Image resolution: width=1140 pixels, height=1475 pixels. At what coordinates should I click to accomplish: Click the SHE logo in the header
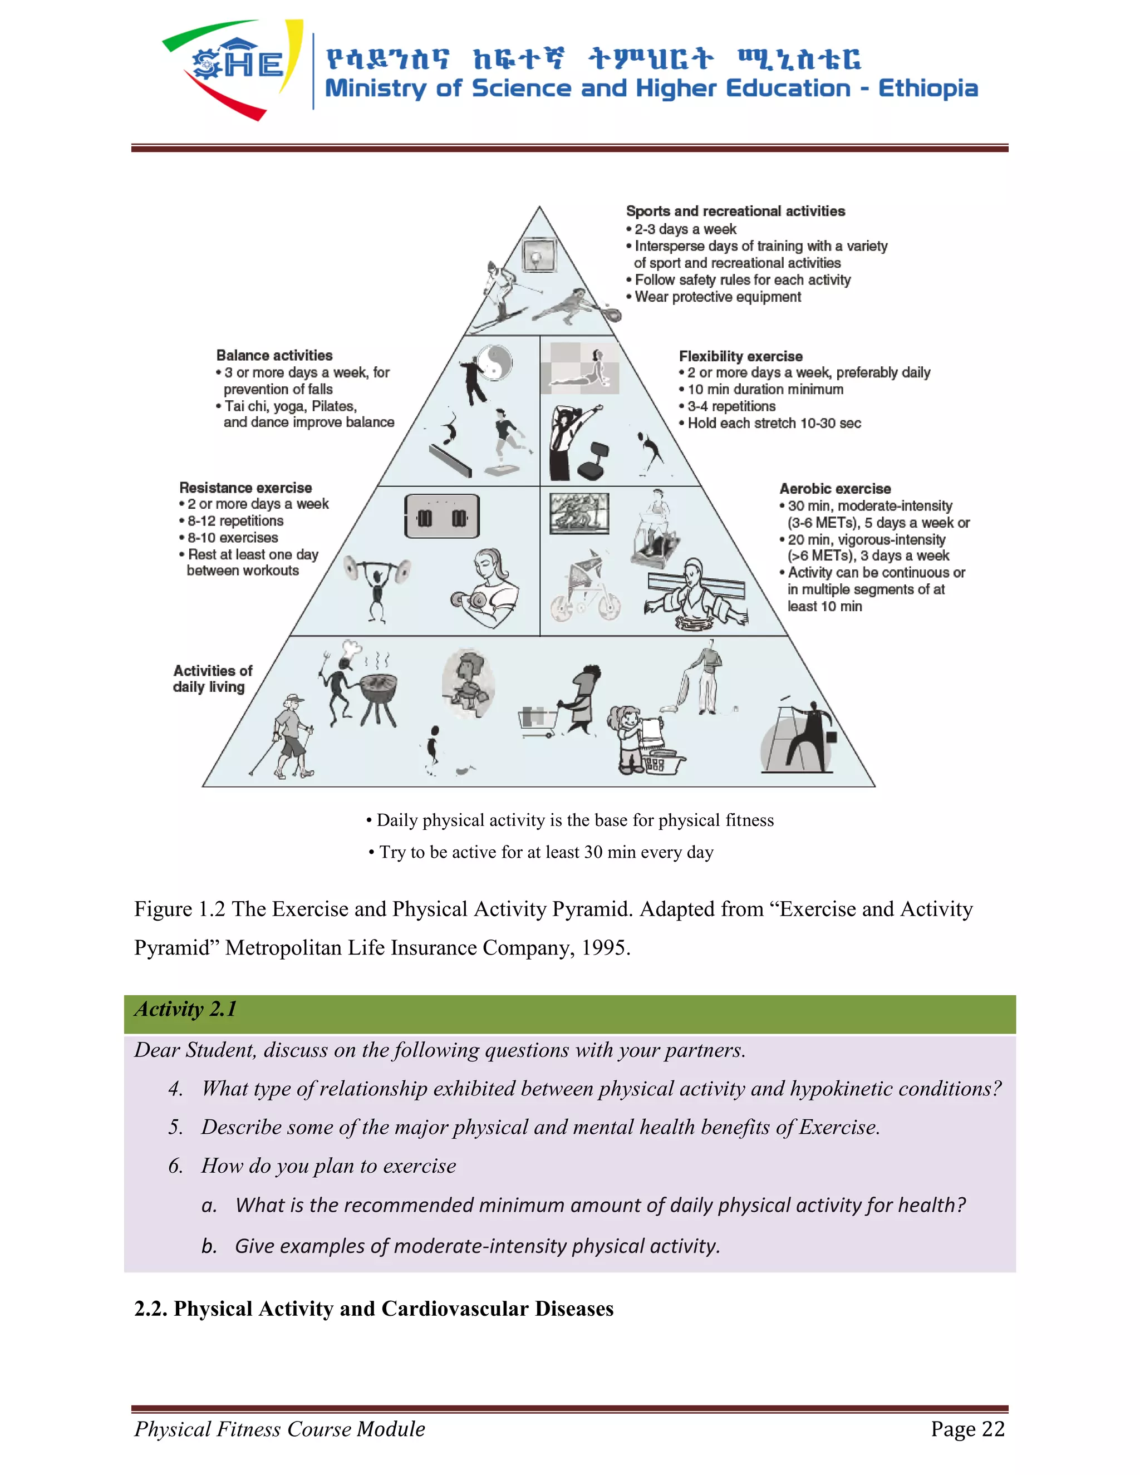point(233,67)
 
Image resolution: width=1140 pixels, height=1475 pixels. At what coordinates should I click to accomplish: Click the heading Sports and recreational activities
point(735,212)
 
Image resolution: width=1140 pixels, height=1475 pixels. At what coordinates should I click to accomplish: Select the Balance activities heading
point(274,355)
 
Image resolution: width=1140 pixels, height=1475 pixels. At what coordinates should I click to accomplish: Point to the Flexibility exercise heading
point(740,356)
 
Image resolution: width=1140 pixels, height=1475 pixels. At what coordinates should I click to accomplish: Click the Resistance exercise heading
point(245,488)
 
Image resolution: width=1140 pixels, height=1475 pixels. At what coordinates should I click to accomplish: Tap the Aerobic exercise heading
point(835,488)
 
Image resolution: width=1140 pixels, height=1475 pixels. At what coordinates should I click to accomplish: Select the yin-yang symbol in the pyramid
point(495,363)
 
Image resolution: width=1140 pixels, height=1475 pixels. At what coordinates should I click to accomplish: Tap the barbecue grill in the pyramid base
point(378,696)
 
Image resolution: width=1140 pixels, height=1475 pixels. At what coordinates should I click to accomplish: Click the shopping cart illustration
point(538,720)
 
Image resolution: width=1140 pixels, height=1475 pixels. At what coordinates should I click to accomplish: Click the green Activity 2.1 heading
point(186,1009)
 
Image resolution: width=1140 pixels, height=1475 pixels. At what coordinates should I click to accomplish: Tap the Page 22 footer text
point(967,1428)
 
